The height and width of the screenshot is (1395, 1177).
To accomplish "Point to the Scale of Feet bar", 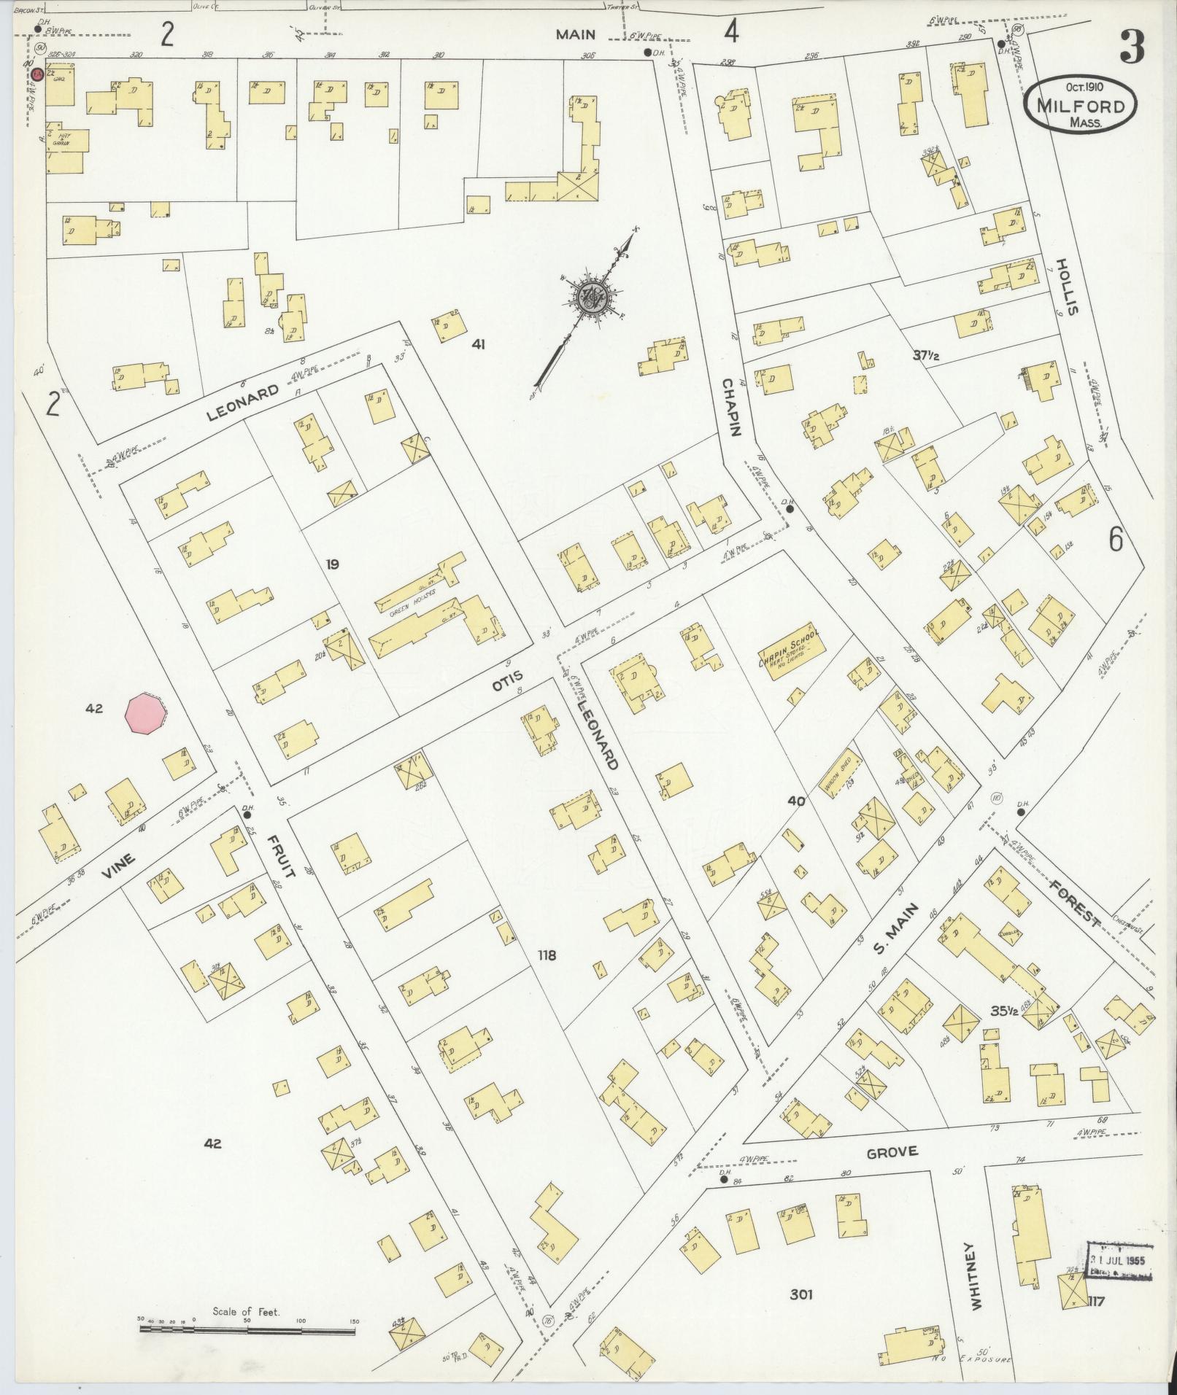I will click(247, 1329).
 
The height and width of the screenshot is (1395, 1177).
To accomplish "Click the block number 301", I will click(800, 1295).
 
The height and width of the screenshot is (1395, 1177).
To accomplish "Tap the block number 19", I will click(333, 564).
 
